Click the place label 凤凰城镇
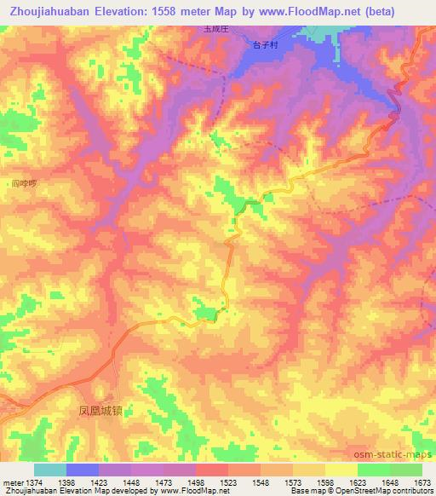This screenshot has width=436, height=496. tap(95, 410)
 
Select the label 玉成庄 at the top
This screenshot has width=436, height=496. tap(215, 27)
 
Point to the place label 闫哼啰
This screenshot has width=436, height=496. tap(25, 182)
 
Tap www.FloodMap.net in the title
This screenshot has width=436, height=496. tap(329, 9)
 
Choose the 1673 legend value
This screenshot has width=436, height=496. tap(422, 483)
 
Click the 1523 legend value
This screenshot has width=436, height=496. tap(228, 483)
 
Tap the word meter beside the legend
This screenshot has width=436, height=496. tap(10, 483)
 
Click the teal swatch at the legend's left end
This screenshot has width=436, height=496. tap(49, 470)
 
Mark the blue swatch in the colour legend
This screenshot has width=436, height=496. tap(82, 470)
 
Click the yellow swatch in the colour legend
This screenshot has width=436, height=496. tap(341, 470)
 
